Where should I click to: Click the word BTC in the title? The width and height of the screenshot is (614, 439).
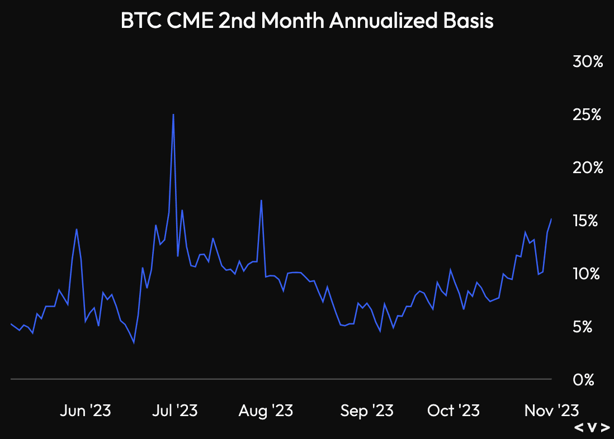coord(140,21)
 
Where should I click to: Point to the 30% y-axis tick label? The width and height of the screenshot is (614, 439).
coord(588,61)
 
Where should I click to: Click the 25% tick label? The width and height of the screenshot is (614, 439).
coord(587,115)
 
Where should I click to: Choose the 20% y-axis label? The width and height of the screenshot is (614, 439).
coord(587,168)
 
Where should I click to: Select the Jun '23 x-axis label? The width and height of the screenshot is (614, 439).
coord(86,412)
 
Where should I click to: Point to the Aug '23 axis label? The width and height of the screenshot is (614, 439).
coord(266,412)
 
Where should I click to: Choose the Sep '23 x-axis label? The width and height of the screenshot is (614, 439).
coord(367,412)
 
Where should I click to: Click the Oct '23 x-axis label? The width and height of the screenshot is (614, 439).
coord(454,412)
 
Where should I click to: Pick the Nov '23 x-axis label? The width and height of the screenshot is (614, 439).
coord(551,412)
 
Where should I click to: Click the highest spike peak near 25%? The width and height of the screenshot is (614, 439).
coord(173,114)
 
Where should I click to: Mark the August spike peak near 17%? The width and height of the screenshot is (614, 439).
coord(261,200)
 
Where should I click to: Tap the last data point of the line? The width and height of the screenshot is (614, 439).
coord(551,219)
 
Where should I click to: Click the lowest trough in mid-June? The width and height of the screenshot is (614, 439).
coord(134,342)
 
